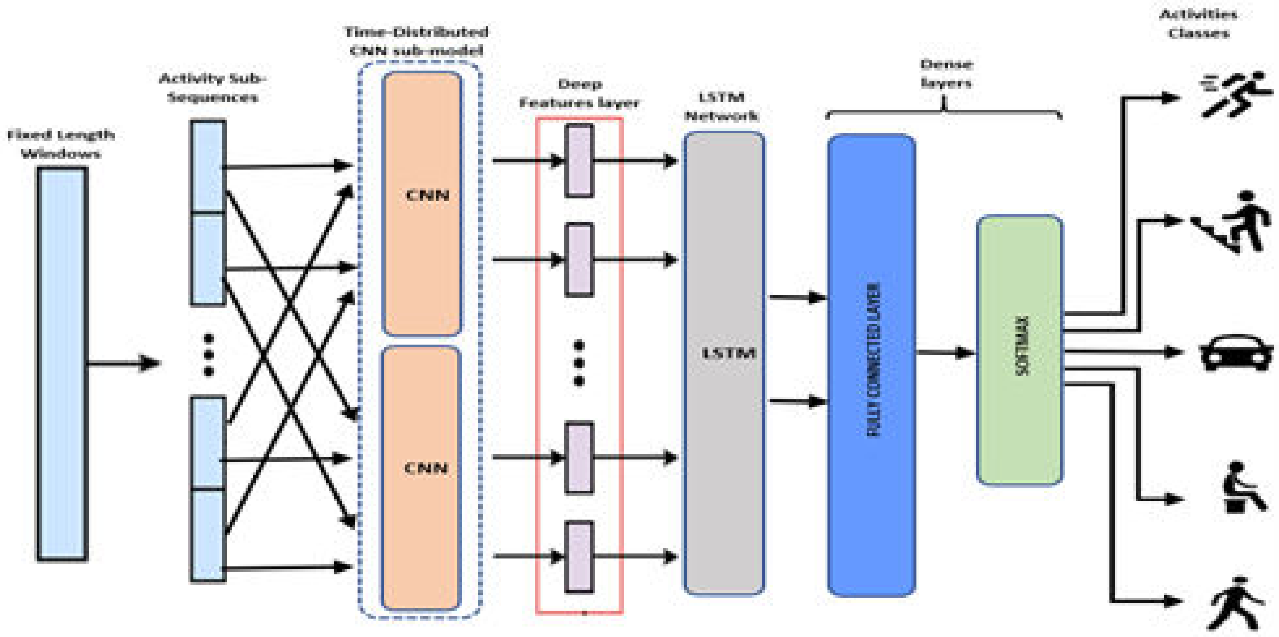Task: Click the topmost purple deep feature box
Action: coord(579,160)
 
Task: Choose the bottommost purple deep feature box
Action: coord(579,556)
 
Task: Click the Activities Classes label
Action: coord(1198,24)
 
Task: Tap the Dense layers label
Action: coord(946,74)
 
